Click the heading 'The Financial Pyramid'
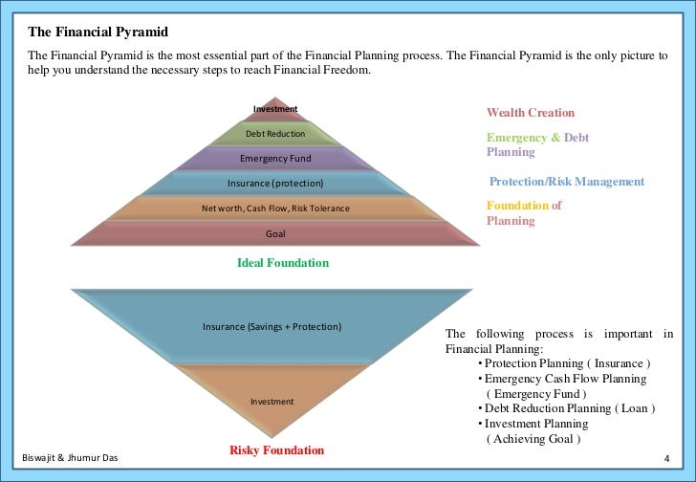(92, 33)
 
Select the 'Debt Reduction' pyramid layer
(275, 134)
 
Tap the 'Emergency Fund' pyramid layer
(275, 158)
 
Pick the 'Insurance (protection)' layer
(275, 183)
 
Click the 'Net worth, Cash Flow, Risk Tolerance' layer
(275, 208)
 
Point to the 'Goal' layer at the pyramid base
(275, 232)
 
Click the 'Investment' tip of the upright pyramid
(275, 109)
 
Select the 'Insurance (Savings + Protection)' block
(272, 327)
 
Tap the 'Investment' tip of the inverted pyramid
(272, 402)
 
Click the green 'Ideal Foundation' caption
(282, 263)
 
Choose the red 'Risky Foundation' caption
(277, 449)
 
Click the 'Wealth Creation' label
(531, 113)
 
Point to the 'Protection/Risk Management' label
(567, 182)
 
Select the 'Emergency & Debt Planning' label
(537, 144)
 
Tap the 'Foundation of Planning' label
(524, 212)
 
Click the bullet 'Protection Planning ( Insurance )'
(567, 364)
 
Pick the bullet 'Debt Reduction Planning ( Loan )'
(569, 408)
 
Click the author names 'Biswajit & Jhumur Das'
(70, 459)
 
